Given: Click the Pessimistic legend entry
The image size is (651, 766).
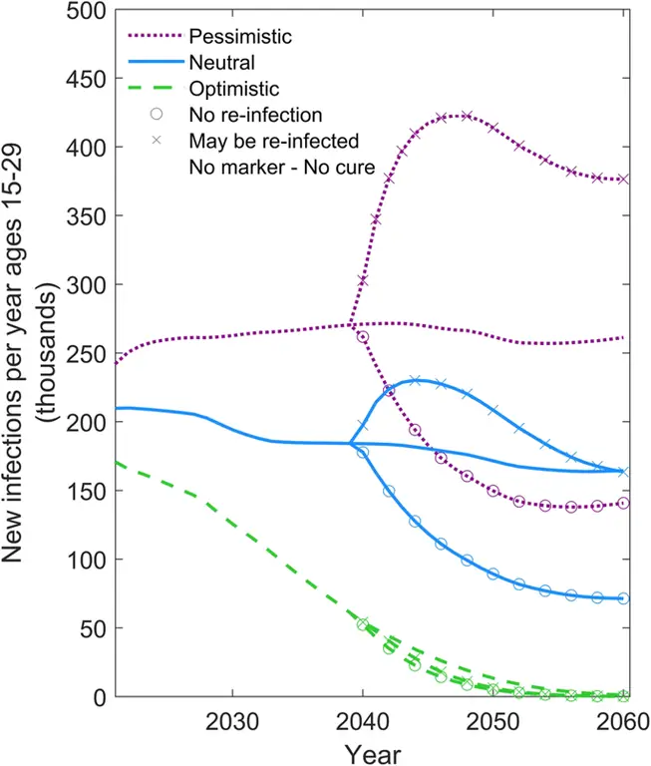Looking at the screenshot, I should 240,37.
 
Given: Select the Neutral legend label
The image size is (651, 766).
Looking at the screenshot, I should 218,62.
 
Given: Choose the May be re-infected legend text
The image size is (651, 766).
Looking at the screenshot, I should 273,141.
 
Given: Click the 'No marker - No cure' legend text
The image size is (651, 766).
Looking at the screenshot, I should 281,168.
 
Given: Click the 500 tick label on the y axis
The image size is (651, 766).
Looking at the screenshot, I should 86,10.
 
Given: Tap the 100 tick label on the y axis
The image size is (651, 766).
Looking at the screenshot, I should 86,560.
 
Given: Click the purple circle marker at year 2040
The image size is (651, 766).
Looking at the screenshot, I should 363,337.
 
